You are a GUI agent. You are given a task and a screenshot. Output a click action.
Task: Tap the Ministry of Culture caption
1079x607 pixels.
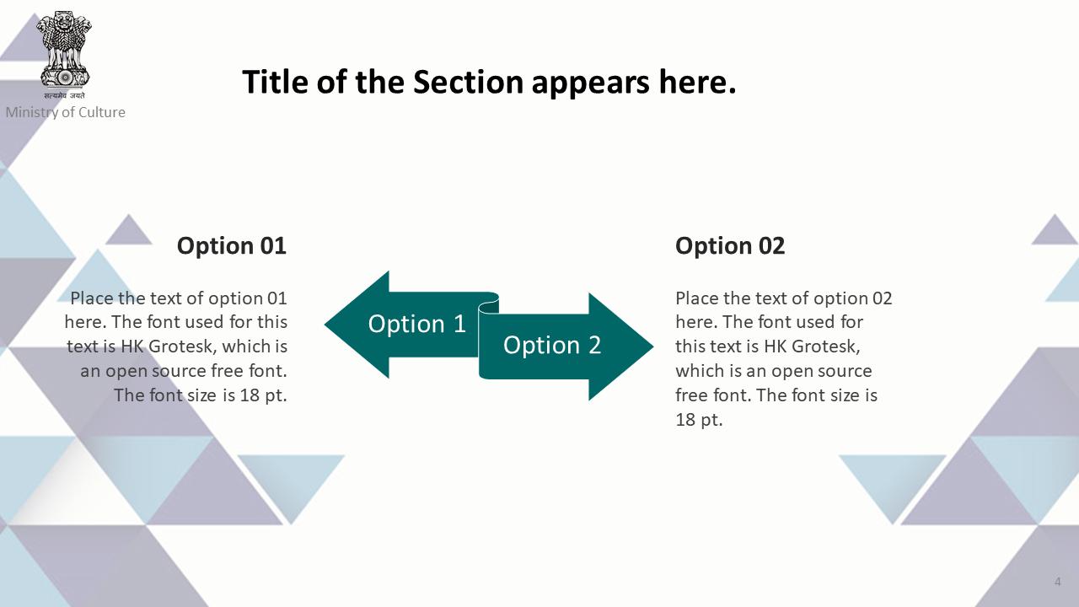[x=66, y=112]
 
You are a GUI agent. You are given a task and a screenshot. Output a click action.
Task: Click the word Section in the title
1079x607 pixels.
[x=468, y=82]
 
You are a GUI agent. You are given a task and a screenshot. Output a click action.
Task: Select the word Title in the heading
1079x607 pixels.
[x=275, y=82]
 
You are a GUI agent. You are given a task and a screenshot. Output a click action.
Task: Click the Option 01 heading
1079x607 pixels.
[x=232, y=245]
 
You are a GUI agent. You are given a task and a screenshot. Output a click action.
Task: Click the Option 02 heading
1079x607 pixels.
[x=730, y=245]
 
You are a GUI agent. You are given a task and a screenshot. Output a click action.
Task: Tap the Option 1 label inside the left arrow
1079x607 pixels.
[x=417, y=323]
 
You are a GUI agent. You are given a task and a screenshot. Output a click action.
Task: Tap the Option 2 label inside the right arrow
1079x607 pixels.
[x=552, y=345]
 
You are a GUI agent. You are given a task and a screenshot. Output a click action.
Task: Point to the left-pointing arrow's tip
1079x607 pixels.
[x=325, y=325]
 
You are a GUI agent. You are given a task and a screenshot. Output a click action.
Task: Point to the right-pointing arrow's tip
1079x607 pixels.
[x=653, y=346]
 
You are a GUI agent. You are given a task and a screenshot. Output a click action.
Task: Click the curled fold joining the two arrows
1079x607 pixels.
[x=489, y=306]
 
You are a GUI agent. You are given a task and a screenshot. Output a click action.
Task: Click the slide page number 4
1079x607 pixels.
[x=1058, y=582]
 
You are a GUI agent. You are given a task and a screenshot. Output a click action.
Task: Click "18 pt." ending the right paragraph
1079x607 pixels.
[x=699, y=420]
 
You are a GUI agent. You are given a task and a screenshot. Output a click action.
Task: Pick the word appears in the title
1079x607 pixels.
[x=591, y=83]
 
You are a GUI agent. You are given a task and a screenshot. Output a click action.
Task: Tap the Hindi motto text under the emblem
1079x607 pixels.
[x=65, y=95]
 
